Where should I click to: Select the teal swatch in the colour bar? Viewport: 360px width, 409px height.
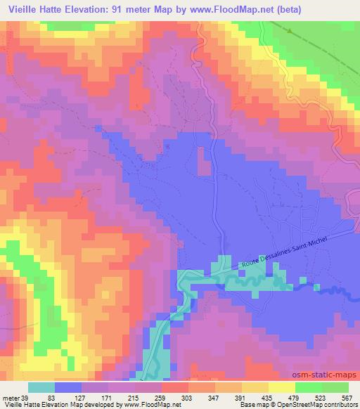click(x=41, y=388)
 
